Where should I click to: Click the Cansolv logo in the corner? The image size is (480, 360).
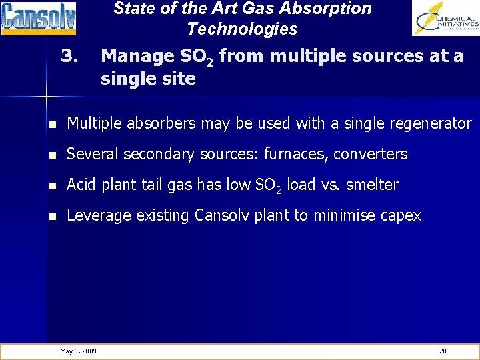point(38,18)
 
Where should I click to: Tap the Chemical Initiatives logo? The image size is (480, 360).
point(445,18)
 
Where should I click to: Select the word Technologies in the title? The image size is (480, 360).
point(242,29)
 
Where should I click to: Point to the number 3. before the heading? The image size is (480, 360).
point(70,56)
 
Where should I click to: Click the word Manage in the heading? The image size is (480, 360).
point(137,57)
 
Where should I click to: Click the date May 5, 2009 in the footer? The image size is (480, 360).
point(78,351)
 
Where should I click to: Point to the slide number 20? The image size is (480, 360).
point(443,351)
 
